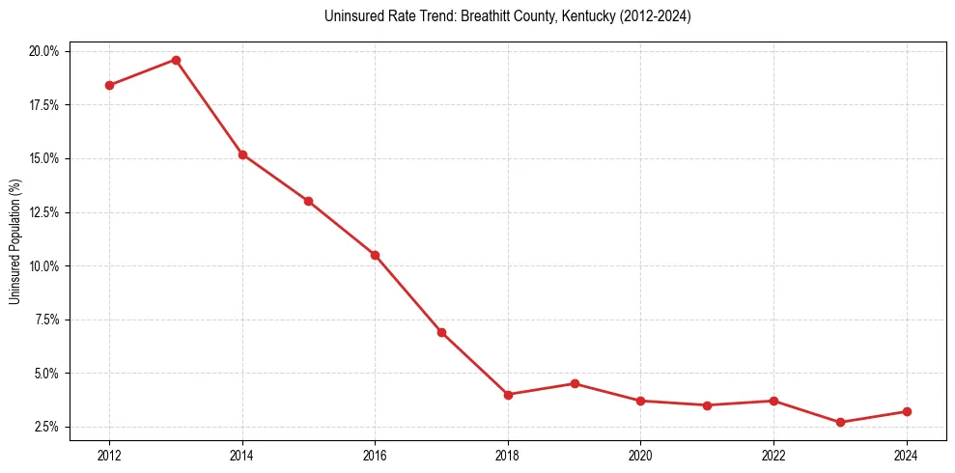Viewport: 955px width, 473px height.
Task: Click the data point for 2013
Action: [x=176, y=60]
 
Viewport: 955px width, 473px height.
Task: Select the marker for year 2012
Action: [x=109, y=85]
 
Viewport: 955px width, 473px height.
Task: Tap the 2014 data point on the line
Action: [x=242, y=154]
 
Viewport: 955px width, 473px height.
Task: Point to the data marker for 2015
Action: [x=308, y=201]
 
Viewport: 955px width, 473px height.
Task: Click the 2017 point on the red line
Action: [x=441, y=332]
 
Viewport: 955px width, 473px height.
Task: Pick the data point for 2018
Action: [x=508, y=394]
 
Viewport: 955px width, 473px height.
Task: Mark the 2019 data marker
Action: [x=575, y=383]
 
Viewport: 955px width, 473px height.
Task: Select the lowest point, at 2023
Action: [x=840, y=422]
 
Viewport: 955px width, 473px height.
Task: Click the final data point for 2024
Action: [x=907, y=411]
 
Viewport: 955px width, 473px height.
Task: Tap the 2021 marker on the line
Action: [x=707, y=405]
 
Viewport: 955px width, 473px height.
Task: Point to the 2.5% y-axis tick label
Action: [x=45, y=427]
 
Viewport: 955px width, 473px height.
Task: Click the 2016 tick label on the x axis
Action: [x=375, y=455]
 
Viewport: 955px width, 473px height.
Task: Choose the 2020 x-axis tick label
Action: [x=640, y=455]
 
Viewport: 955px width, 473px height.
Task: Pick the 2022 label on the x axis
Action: [x=773, y=455]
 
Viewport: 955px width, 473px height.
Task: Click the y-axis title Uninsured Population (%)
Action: [x=14, y=241]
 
